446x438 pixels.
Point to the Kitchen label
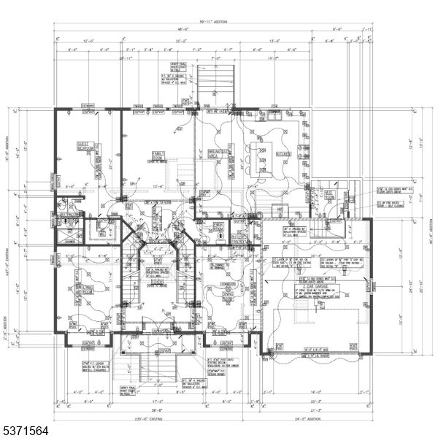tap(283, 155)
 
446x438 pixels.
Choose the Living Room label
tap(88, 291)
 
